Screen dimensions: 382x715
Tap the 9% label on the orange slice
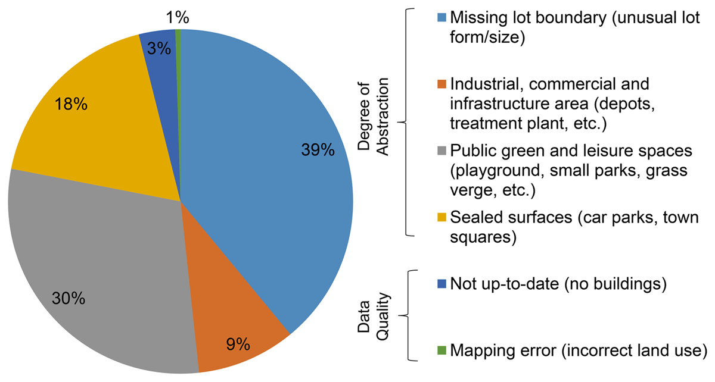point(239,343)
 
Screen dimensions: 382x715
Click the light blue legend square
point(443,16)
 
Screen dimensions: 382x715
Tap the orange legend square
point(443,83)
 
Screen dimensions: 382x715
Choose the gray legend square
point(443,149)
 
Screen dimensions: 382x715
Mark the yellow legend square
point(443,216)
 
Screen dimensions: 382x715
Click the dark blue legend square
point(443,283)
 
